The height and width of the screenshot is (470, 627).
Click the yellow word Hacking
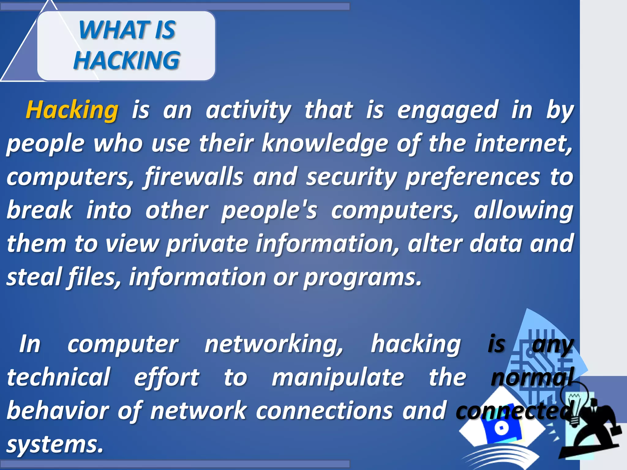(72, 110)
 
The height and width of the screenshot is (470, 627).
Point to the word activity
(248, 110)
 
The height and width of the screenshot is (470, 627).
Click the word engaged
(448, 110)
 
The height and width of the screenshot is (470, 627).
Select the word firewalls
(194, 177)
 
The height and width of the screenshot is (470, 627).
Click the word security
(351, 177)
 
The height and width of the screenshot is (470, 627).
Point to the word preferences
(473, 177)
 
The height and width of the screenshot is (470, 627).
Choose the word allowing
(523, 211)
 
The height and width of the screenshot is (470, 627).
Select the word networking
(274, 345)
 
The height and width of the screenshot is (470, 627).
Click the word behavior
(58, 411)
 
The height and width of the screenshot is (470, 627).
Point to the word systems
(55, 444)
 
